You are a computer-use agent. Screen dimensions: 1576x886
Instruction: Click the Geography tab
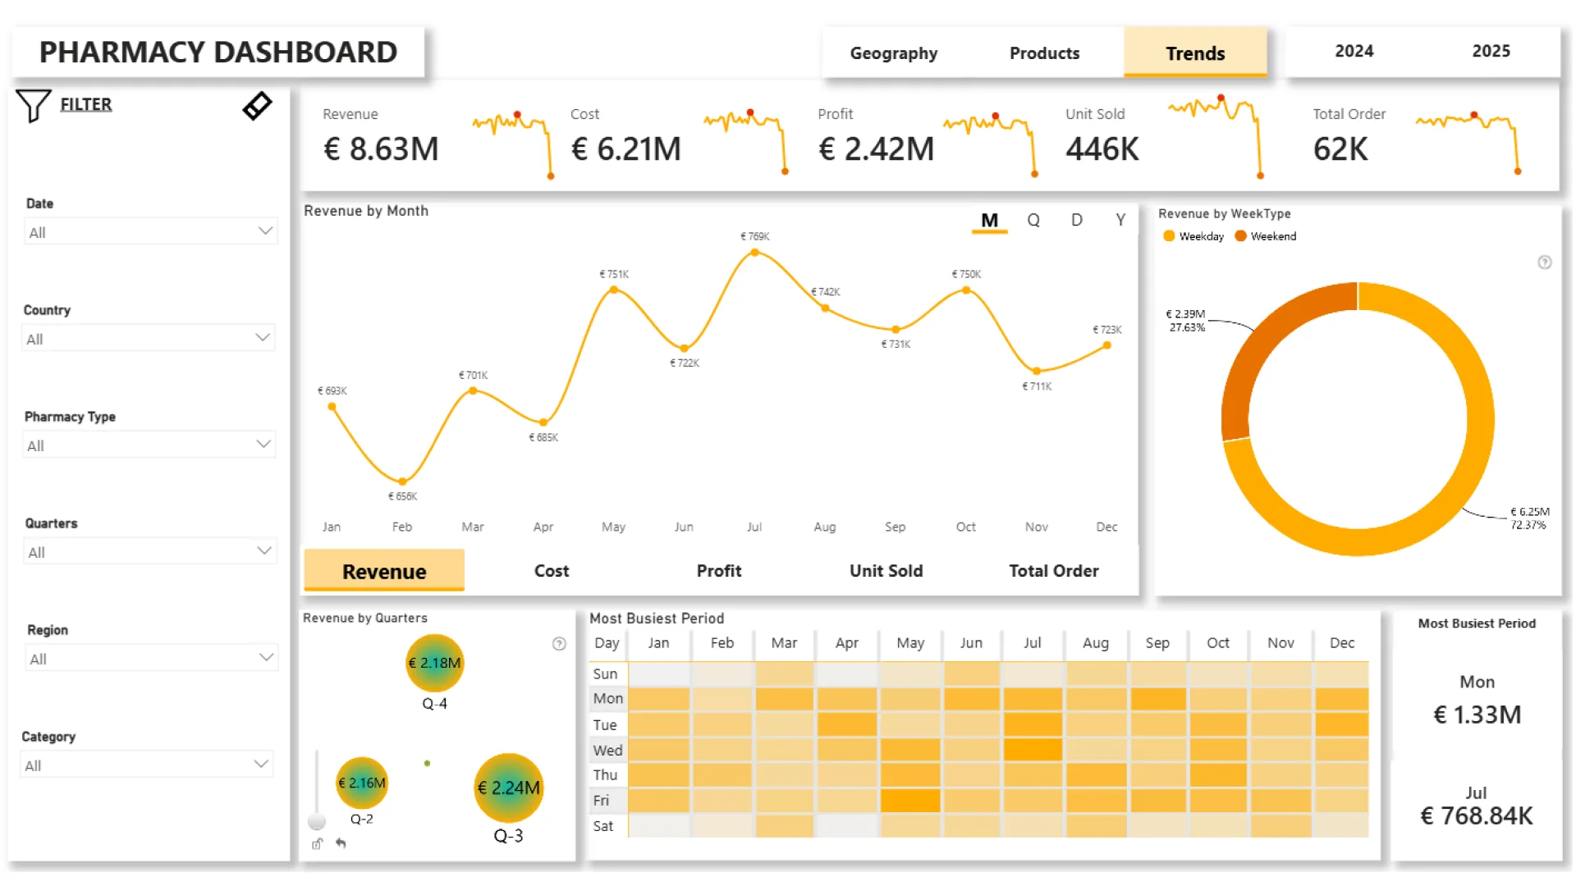[893, 53]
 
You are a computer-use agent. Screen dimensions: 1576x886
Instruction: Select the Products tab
[1044, 53]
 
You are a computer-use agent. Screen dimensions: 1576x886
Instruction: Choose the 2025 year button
[1491, 51]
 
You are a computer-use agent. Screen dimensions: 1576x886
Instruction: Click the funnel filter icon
[34, 106]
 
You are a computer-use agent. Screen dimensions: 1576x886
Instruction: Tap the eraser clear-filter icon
[258, 106]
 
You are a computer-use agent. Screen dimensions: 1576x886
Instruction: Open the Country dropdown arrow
[263, 337]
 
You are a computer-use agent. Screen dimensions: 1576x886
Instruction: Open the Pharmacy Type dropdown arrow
[263, 444]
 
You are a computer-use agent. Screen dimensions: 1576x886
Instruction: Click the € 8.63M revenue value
[381, 148]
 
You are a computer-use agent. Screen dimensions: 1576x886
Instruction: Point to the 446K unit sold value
[1102, 148]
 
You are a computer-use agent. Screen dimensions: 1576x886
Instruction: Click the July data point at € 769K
[754, 253]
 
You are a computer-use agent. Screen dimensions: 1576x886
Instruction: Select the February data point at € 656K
[402, 482]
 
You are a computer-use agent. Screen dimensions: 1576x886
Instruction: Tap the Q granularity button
[1033, 220]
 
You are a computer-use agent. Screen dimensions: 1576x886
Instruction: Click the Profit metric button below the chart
[719, 571]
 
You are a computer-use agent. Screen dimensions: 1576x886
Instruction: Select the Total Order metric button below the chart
[1054, 571]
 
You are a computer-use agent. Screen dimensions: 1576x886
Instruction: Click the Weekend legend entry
[1266, 236]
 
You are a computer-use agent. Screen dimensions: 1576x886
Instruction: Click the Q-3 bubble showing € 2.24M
[509, 788]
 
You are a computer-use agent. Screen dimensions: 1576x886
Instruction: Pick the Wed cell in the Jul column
[1033, 750]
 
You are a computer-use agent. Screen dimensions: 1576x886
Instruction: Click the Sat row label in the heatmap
[603, 826]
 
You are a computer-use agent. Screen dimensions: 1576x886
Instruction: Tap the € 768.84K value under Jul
[1477, 815]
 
